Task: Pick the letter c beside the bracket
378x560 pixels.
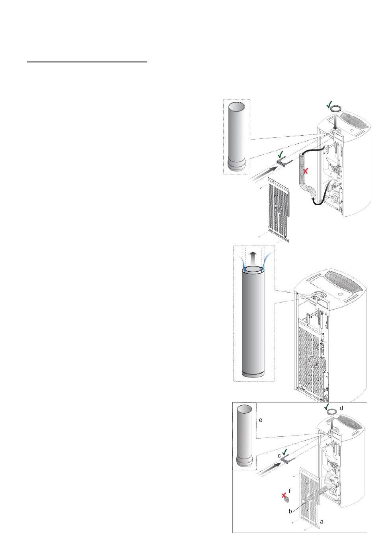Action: coord(279,456)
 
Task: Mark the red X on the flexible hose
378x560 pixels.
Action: coord(306,171)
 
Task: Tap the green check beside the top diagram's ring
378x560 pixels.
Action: coord(329,105)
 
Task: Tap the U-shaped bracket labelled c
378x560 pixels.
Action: coord(287,459)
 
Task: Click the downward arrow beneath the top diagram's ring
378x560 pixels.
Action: coord(335,122)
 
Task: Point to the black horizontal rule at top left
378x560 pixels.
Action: coord(87,62)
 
